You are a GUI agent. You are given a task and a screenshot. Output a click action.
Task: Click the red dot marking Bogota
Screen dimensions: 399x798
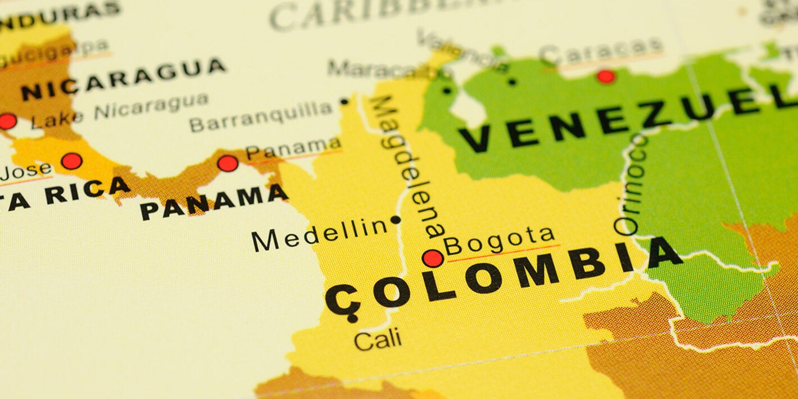tap(433, 259)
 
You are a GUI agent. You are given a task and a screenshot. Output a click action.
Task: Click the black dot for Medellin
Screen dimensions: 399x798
tap(396, 220)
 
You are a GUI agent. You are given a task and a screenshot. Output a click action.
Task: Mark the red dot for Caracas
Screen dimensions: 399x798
tap(606, 76)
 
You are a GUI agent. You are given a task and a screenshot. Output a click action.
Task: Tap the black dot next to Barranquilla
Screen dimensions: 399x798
tap(344, 102)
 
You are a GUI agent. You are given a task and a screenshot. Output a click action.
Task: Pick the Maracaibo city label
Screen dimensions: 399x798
tap(382, 70)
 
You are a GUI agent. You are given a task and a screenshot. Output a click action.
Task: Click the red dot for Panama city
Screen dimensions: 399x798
tap(228, 164)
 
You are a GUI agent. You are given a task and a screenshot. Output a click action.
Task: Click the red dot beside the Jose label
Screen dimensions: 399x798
tap(71, 161)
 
